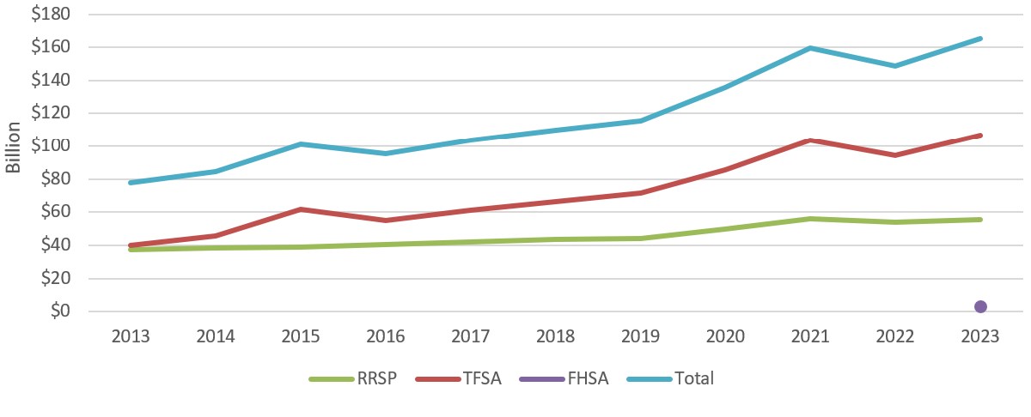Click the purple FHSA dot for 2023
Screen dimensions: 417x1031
[x=980, y=306]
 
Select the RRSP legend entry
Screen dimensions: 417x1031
[x=355, y=378]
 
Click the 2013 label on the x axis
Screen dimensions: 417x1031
[x=131, y=336]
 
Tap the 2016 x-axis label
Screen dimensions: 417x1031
[x=386, y=336]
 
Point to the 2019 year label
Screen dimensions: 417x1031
[x=640, y=336]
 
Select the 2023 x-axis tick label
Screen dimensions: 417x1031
[x=980, y=336]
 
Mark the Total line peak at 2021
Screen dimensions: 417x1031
[x=810, y=48]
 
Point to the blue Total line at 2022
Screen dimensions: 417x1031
[x=895, y=65]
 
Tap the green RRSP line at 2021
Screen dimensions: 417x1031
[x=810, y=219]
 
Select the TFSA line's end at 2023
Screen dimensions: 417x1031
[x=980, y=136]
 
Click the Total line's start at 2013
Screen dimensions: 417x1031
[x=131, y=183]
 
